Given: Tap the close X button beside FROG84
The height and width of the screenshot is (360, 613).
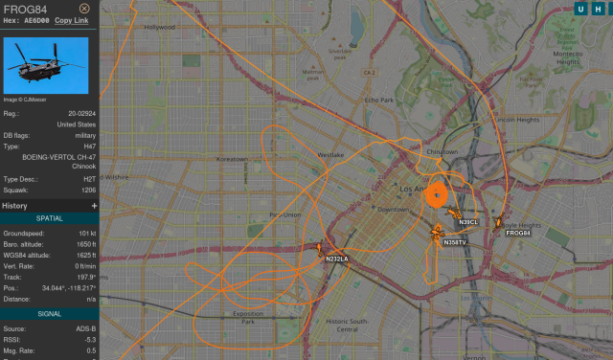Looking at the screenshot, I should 84,9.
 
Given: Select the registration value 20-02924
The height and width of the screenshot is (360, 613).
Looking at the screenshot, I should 79,113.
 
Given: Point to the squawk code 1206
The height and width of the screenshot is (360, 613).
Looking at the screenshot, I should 88,190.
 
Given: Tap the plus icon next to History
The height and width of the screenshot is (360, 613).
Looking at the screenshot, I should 94,206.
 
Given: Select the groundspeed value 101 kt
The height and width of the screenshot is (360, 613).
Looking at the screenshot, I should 85,233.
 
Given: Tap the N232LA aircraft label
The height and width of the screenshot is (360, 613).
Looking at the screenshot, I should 337,259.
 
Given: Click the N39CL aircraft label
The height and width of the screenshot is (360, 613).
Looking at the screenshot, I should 468,222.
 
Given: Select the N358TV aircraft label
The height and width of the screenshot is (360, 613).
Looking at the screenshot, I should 454,242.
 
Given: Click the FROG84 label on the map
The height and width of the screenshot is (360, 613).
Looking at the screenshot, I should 518,234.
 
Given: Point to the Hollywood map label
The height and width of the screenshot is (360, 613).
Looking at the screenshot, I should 159,28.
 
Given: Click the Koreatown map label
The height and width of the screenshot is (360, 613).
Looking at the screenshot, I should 233,159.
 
